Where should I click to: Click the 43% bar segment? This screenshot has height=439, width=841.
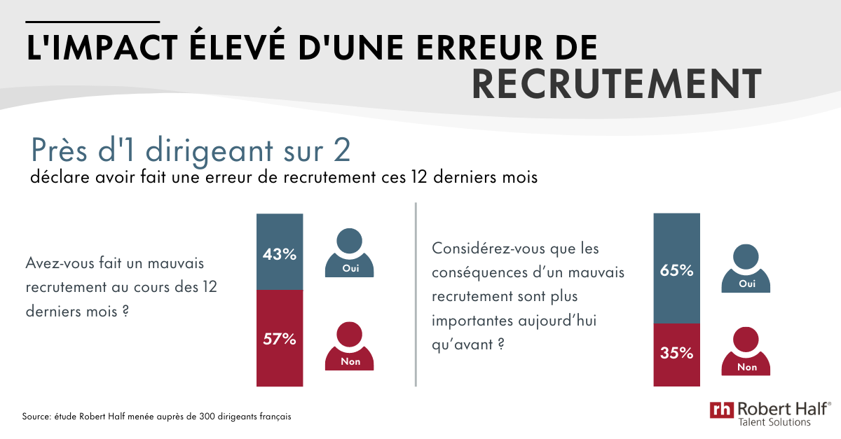pos(280,253)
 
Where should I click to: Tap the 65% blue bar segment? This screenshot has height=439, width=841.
pos(676,270)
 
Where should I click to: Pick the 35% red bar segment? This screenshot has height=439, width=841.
pos(676,354)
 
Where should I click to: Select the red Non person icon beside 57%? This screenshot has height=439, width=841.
pos(349,347)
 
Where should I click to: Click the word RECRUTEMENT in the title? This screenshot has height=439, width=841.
pos(616,84)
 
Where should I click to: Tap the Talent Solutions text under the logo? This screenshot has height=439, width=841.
pos(774,423)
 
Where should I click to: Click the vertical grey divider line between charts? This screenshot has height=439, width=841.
pos(416,294)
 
